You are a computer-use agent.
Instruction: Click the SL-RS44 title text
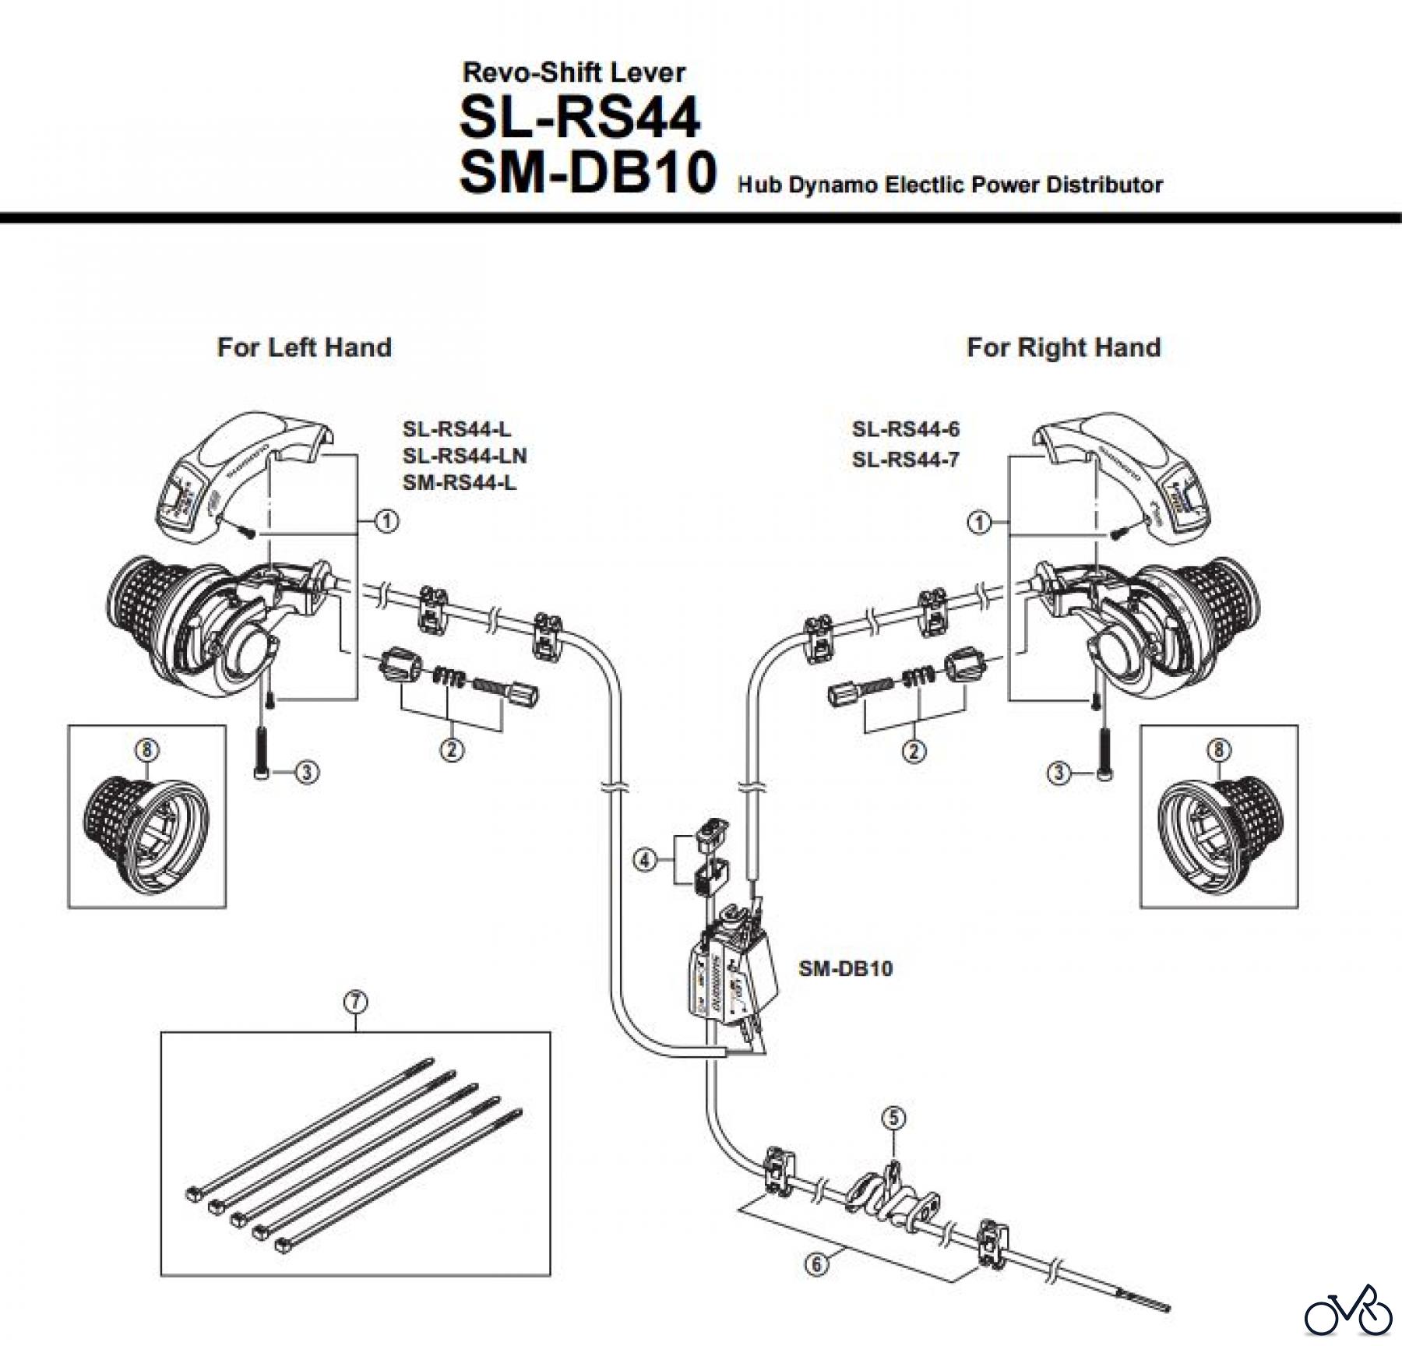[x=580, y=118]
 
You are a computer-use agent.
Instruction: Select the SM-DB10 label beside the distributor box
[x=845, y=969]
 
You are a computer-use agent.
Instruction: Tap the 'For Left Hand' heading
[x=305, y=347]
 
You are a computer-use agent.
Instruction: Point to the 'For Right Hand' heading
[x=1063, y=347]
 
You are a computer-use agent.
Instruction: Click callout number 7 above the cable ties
[x=355, y=1002]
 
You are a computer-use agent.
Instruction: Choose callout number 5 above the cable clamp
[x=893, y=1119]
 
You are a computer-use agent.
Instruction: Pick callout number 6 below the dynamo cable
[x=816, y=1263]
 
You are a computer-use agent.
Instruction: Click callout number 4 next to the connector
[x=644, y=862]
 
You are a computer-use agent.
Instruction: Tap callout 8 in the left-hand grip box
[x=147, y=750]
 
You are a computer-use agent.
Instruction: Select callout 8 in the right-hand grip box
[x=1219, y=750]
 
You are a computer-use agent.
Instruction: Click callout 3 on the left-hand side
[x=307, y=773]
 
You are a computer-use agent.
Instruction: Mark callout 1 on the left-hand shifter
[x=386, y=521]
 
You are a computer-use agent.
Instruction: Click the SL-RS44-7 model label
[x=905, y=460]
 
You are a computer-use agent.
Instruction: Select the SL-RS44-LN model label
[x=464, y=456]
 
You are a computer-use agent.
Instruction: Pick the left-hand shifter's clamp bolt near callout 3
[x=260, y=748]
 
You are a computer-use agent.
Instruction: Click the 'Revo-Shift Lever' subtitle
[x=574, y=73]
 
